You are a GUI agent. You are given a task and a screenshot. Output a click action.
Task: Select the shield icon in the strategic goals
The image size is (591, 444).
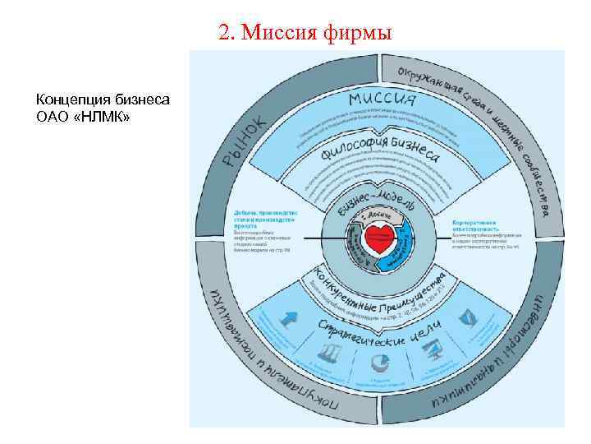(x=465, y=317)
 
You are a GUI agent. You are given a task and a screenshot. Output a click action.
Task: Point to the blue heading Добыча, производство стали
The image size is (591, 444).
(x=264, y=216)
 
